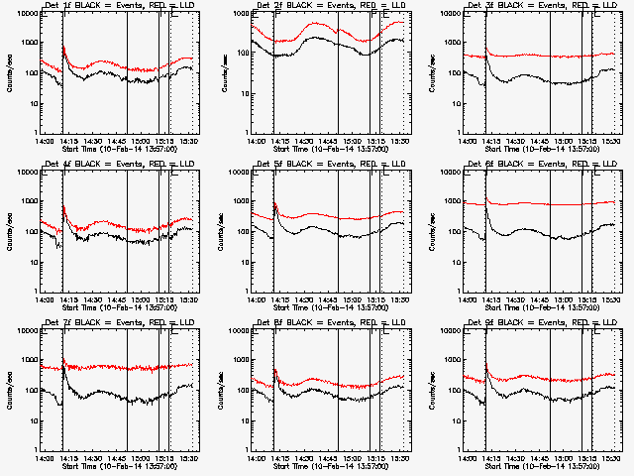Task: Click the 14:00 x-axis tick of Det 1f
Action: tap(44, 141)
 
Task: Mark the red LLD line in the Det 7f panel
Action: tap(109, 368)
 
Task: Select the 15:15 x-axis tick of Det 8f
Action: tap(376, 458)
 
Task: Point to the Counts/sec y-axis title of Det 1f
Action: tap(10, 73)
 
